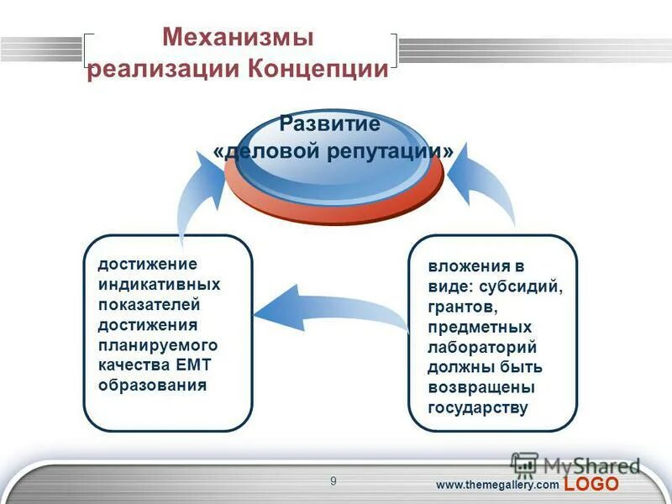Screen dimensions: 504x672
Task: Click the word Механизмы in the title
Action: pyautogui.click(x=238, y=38)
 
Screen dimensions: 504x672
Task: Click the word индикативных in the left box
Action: pyautogui.click(x=160, y=285)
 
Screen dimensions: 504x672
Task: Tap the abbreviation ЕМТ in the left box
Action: pyautogui.click(x=198, y=365)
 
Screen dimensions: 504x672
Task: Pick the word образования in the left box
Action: pyautogui.click(x=152, y=386)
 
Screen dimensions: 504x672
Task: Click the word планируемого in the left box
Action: pyautogui.click(x=158, y=345)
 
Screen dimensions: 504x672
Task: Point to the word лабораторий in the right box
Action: pyautogui.click(x=482, y=347)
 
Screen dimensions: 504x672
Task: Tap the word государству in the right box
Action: pyautogui.click(x=478, y=408)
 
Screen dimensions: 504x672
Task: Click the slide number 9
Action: pyautogui.click(x=333, y=480)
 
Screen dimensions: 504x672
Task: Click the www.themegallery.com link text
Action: pyautogui.click(x=496, y=486)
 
